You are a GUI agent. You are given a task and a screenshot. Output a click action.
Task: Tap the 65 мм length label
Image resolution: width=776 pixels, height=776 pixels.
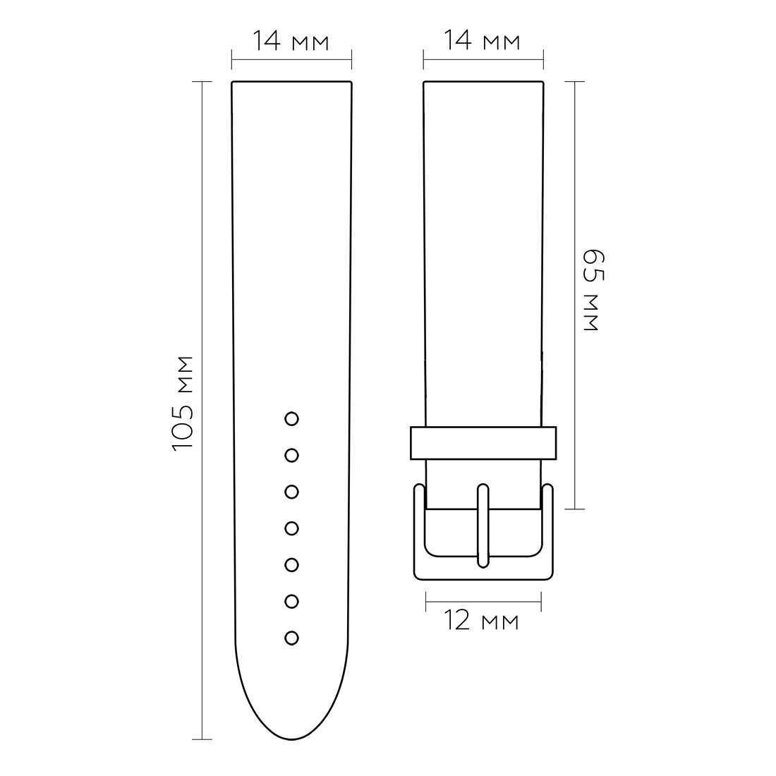(593, 290)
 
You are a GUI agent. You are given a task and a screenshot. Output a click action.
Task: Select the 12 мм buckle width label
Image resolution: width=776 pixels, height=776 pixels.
(482, 621)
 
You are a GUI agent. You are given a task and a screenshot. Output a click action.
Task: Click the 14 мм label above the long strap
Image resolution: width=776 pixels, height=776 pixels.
(291, 41)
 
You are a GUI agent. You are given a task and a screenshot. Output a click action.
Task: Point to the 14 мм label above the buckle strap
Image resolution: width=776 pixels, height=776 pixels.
(482, 40)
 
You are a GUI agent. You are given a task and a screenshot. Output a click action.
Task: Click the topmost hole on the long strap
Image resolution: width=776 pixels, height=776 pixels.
(291, 418)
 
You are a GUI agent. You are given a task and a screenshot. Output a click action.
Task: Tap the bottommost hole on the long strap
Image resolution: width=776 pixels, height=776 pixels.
(291, 638)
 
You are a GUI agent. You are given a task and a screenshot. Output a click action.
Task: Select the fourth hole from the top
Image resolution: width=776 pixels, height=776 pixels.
(291, 528)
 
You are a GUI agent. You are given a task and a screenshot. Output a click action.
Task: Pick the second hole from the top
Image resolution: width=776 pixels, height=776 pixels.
(291, 455)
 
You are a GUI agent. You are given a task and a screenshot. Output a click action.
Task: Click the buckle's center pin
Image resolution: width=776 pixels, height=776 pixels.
(483, 526)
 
